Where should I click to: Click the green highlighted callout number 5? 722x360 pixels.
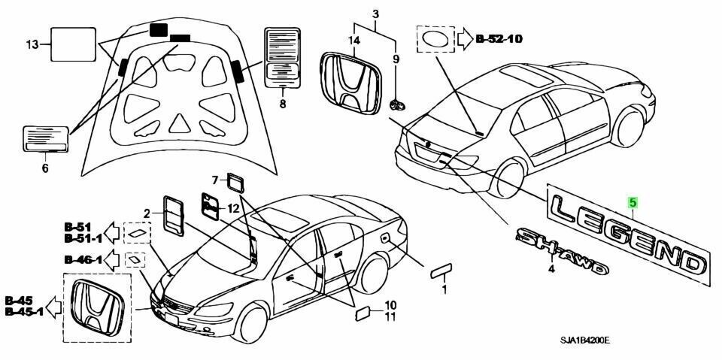pos(633,201)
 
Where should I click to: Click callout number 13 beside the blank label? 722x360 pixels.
pos(31,44)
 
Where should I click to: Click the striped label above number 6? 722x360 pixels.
pos(47,140)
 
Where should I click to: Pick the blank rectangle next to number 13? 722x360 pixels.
pos(72,44)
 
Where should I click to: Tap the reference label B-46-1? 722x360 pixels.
pos(82,260)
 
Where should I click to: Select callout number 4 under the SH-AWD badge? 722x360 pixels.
pos(551,269)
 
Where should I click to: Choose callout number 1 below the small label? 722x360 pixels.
pos(444,289)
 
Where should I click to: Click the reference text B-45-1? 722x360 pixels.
pos(26,312)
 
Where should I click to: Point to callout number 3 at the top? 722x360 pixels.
pos(375,14)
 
